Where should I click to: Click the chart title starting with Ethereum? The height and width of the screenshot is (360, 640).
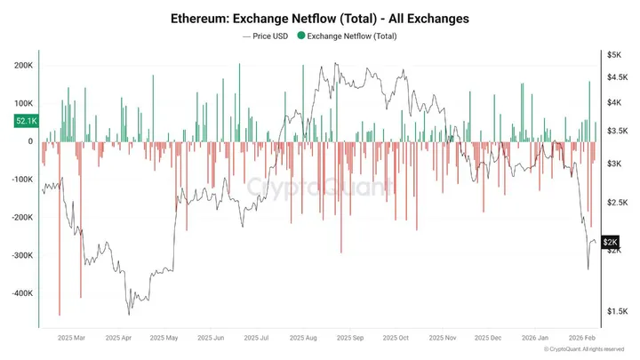point(320,17)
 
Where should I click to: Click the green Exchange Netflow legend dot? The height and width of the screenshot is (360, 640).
point(301,36)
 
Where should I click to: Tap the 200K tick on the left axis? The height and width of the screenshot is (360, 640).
point(23,65)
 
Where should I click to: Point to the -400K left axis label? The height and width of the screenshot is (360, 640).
point(21,293)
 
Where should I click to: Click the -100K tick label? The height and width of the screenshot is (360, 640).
point(21,180)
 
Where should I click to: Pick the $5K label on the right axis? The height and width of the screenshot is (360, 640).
point(613,55)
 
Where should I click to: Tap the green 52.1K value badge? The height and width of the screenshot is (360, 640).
point(26,120)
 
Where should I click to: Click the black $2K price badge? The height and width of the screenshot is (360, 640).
point(611,242)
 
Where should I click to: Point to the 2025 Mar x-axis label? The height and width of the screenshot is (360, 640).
point(70,339)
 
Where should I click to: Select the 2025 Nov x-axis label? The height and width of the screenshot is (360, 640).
point(442,339)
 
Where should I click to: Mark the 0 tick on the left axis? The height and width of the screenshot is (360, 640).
point(30,141)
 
